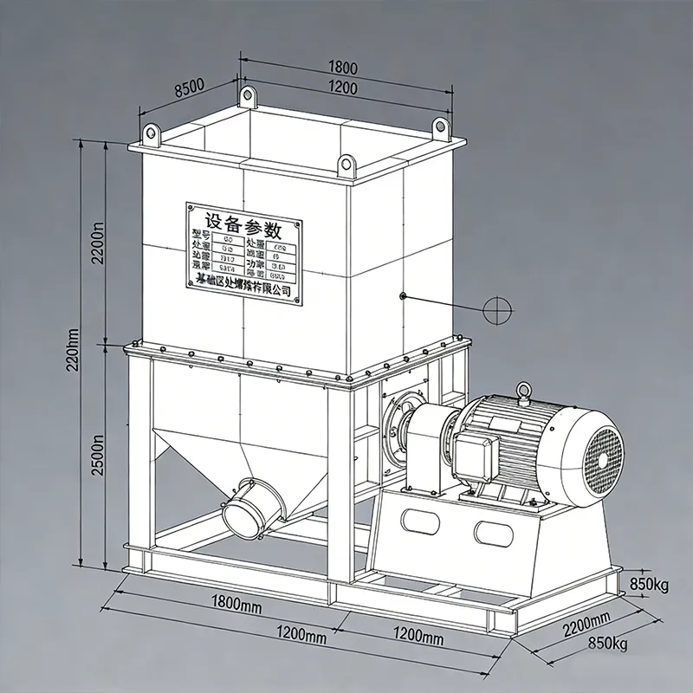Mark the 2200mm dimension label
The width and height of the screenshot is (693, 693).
pyautogui.click(x=587, y=626)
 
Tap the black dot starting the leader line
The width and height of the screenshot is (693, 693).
pyautogui.click(x=404, y=297)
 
